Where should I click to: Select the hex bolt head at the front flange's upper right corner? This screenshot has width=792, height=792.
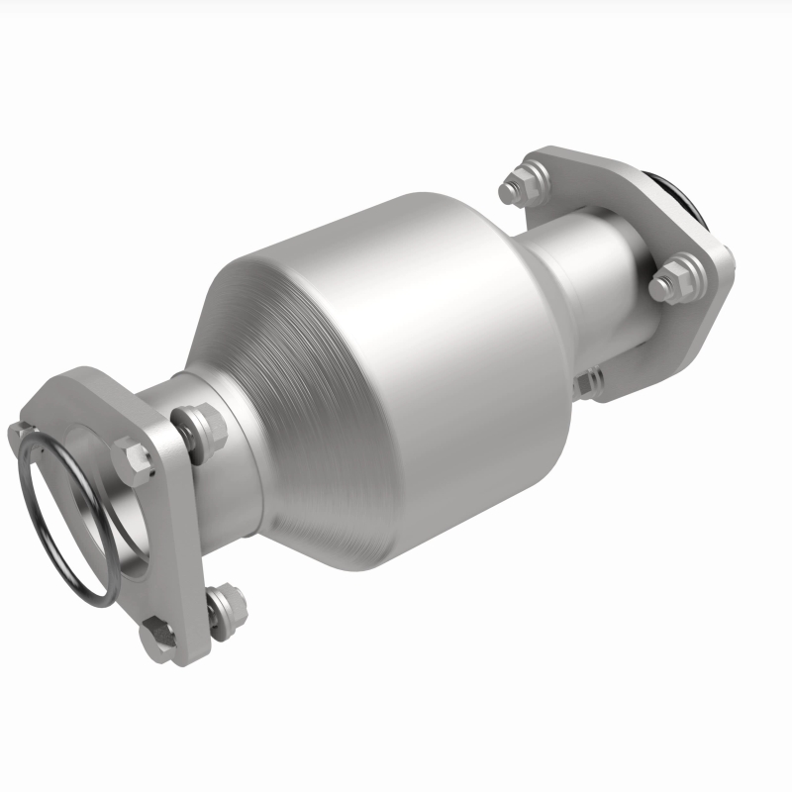coord(136,456)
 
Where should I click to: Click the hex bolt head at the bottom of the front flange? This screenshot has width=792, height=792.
coord(156,634)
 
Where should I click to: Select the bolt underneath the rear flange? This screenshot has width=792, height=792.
coord(591,380)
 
